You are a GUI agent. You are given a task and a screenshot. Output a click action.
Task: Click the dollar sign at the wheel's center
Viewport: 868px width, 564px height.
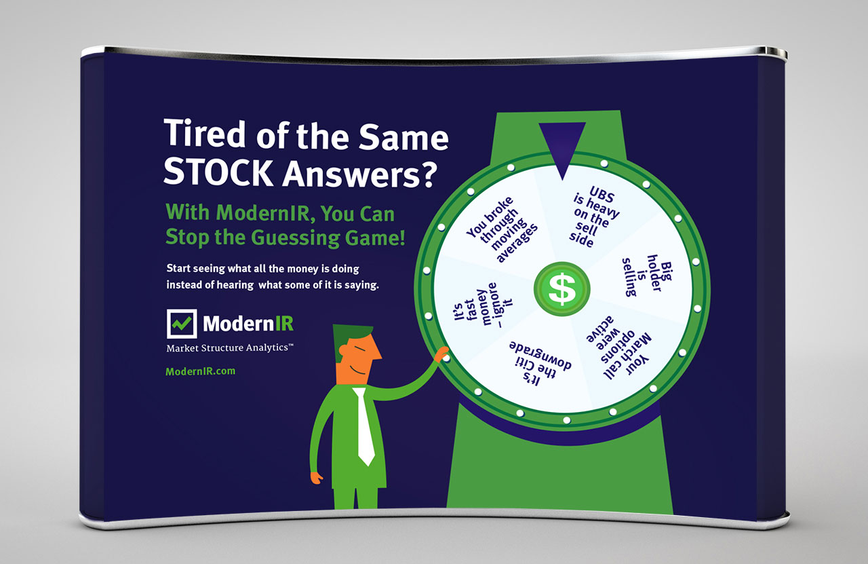pyautogui.click(x=562, y=290)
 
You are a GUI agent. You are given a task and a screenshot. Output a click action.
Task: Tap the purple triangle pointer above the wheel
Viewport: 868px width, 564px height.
pyautogui.click(x=562, y=147)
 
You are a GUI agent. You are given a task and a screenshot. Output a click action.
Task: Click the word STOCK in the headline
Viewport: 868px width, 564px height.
pyautogui.click(x=218, y=172)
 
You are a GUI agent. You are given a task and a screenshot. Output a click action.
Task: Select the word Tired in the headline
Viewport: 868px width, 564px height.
pyautogui.click(x=205, y=134)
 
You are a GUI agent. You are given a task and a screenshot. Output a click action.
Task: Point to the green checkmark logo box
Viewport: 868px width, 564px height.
pyautogui.click(x=182, y=324)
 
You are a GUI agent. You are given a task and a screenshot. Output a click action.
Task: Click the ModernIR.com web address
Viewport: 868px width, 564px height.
pyautogui.click(x=200, y=371)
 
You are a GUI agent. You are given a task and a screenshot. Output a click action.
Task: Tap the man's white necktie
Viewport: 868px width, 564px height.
pyautogui.click(x=364, y=426)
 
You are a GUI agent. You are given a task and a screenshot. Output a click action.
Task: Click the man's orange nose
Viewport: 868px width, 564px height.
pyautogui.click(x=375, y=352)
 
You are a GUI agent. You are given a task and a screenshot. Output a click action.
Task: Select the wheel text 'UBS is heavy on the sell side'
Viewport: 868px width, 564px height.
pyautogui.click(x=595, y=217)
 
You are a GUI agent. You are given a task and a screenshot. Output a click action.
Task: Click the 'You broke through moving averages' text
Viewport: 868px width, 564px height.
pyautogui.click(x=502, y=229)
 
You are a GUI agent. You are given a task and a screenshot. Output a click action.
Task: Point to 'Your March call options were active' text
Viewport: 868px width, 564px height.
pyautogui.click(x=618, y=347)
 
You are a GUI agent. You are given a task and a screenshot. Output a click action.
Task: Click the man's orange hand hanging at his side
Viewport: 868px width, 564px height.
pyautogui.click(x=316, y=478)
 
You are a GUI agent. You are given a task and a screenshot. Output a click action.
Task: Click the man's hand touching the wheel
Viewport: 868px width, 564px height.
pyautogui.click(x=441, y=354)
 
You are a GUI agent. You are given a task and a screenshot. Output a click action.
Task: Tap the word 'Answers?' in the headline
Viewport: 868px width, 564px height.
pyautogui.click(x=359, y=173)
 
